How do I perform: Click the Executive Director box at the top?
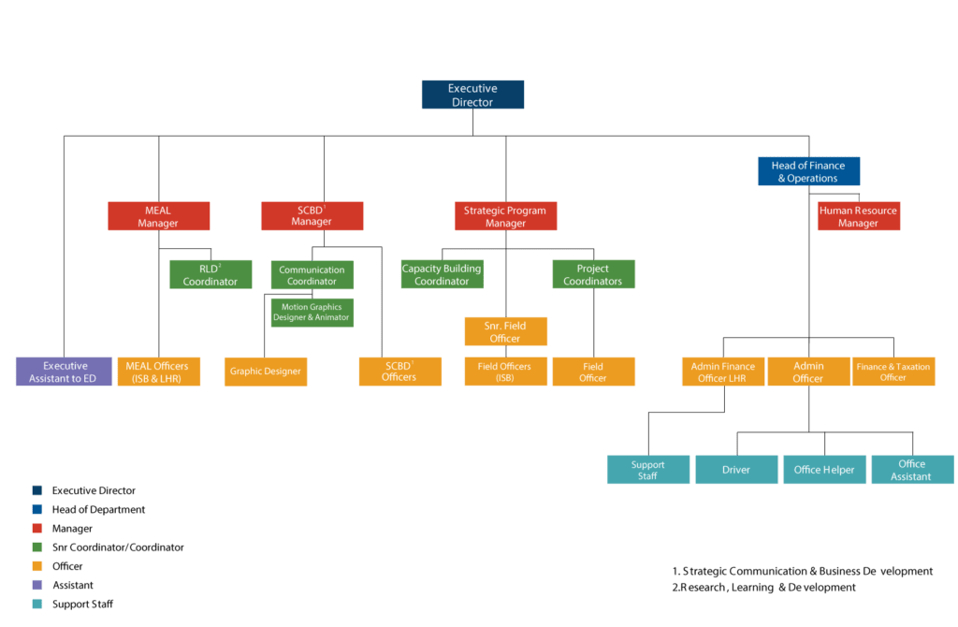pos(472,95)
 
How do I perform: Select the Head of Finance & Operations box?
pos(808,171)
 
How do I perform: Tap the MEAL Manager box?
pos(158,216)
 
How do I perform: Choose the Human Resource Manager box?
pos(858,217)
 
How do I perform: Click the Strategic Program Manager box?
pos(505,217)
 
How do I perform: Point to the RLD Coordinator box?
pos(210,275)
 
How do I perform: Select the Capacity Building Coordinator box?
pos(442,274)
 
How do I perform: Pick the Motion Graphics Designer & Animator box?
pos(312,312)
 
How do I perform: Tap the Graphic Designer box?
pos(266,372)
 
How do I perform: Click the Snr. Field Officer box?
pos(505,331)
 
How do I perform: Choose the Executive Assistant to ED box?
pos(65,372)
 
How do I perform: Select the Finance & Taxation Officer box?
pos(893,372)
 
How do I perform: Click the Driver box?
pos(736,470)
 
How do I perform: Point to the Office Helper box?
pos(824,470)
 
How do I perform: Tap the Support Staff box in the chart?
pos(647,470)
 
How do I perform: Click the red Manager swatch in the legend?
pos(36,529)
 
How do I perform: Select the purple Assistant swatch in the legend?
pos(36,586)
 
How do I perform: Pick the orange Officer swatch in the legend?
pos(36,566)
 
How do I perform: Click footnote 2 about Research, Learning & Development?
pos(763,588)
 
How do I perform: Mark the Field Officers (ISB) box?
pos(505,372)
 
